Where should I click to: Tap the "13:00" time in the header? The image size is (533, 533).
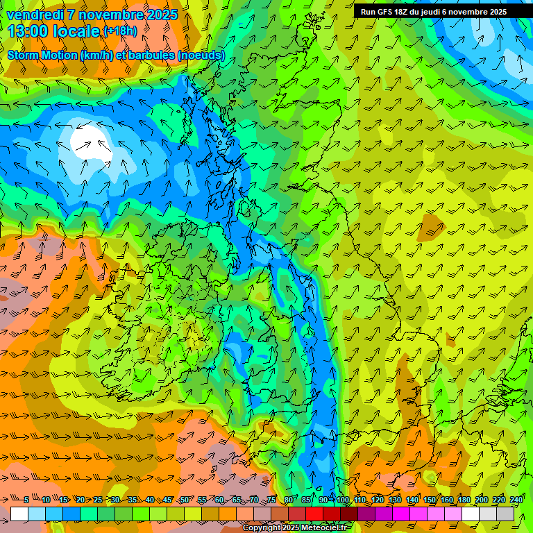(x=31, y=31)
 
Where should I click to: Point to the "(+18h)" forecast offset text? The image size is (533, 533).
(x=120, y=31)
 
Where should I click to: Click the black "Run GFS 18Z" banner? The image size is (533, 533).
(x=443, y=12)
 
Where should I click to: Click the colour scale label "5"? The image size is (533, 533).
(x=26, y=500)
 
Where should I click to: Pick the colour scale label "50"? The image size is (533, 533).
(x=185, y=500)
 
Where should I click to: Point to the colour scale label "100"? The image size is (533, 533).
(x=342, y=500)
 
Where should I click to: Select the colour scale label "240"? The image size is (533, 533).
(x=516, y=500)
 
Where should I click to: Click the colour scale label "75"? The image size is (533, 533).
(x=271, y=500)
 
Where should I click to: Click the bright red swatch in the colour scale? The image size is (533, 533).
(x=314, y=514)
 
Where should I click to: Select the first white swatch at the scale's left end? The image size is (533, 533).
(x=19, y=514)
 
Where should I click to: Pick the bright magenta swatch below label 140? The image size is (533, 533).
(x=418, y=514)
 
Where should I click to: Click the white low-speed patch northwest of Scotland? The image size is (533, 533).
(x=89, y=139)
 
